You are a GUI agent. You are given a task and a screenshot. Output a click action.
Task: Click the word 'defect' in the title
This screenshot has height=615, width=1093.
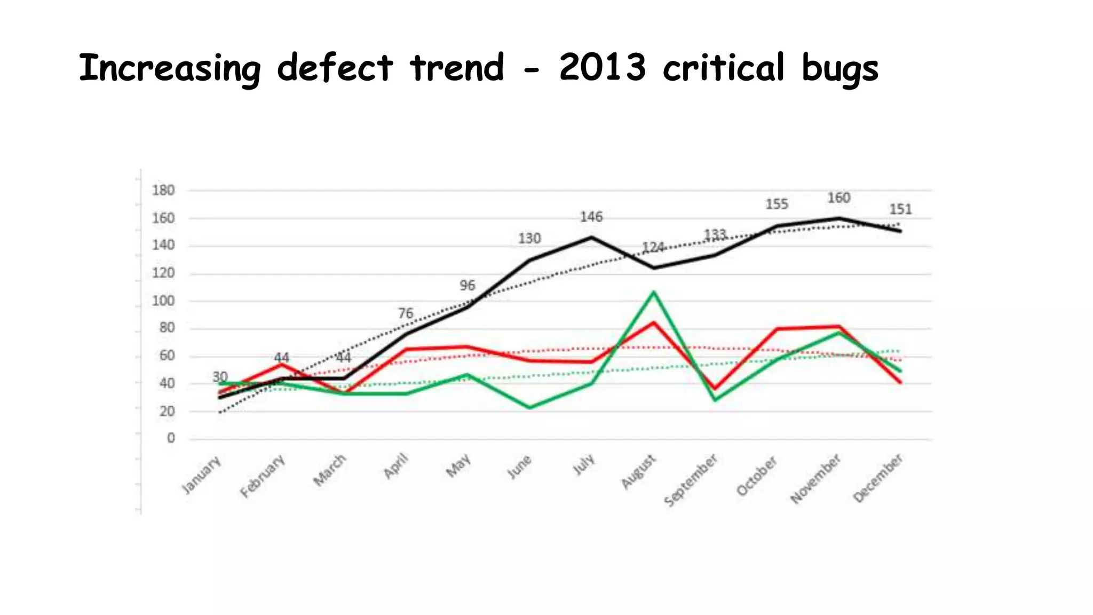point(335,68)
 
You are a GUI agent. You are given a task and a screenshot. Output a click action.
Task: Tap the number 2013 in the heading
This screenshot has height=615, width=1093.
point(602,68)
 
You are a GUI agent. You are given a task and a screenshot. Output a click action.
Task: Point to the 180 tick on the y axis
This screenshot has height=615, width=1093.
point(163,191)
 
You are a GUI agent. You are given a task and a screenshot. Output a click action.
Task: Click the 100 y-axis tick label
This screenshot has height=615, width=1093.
point(163,301)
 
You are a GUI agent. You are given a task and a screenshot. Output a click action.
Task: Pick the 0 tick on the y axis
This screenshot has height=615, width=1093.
point(171,438)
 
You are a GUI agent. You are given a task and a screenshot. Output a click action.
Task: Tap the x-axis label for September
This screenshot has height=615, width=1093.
point(691,480)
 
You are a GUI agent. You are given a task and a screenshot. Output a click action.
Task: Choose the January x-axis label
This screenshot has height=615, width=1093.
point(201,475)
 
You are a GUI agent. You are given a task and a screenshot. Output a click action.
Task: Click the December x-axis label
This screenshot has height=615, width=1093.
point(878,478)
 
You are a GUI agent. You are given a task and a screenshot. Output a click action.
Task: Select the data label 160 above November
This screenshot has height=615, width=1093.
point(838,198)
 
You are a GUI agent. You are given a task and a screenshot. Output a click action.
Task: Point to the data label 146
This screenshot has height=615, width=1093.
point(591,217)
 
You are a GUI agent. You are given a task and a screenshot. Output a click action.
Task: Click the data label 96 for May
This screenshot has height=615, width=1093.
point(468,286)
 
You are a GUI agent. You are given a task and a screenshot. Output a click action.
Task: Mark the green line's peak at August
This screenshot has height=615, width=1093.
point(654,292)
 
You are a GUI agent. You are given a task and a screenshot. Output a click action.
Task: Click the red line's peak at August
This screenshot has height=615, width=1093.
point(654,322)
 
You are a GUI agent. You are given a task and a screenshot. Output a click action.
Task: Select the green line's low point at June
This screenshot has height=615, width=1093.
point(530,407)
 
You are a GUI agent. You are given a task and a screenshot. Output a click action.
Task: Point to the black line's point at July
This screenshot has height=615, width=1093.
point(591,237)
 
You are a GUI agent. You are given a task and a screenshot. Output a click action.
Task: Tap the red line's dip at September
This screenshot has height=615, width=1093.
point(715,389)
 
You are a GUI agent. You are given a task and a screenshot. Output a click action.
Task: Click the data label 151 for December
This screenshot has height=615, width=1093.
point(901,209)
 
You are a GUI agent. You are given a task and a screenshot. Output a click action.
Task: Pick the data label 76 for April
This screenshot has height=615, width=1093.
point(406,313)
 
